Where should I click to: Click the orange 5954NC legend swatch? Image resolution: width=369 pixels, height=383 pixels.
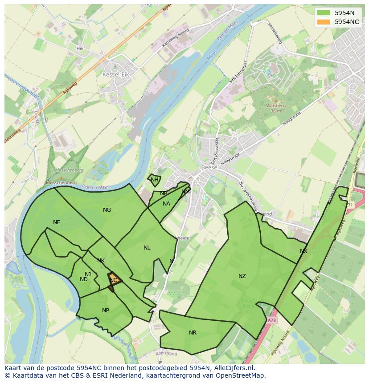(324, 22)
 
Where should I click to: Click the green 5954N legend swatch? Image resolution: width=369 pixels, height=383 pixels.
(324, 13)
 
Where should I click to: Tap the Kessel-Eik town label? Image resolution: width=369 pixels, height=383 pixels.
(115, 75)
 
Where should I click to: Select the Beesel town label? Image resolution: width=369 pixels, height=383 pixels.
(209, 167)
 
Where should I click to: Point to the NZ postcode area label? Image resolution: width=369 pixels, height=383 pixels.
(242, 276)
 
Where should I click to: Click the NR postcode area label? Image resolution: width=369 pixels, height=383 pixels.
(193, 333)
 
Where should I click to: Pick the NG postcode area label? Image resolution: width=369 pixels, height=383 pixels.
(107, 210)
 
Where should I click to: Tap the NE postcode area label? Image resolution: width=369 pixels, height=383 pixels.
(57, 222)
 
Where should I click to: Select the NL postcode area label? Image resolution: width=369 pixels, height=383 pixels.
(147, 248)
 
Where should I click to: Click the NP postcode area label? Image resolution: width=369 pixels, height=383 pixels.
(106, 310)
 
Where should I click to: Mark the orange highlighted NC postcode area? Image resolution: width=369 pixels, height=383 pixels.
(115, 280)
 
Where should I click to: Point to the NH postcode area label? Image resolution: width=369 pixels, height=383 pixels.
(154, 180)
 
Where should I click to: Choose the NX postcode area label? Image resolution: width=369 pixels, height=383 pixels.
(303, 251)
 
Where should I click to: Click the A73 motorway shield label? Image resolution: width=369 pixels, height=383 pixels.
(272, 320)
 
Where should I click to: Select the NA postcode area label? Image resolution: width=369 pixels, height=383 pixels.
(166, 204)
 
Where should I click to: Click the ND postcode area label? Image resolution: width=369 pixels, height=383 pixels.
(84, 279)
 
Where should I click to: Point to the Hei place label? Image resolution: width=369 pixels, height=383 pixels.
(80, 48)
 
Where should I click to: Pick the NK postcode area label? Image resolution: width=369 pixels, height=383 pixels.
(101, 261)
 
